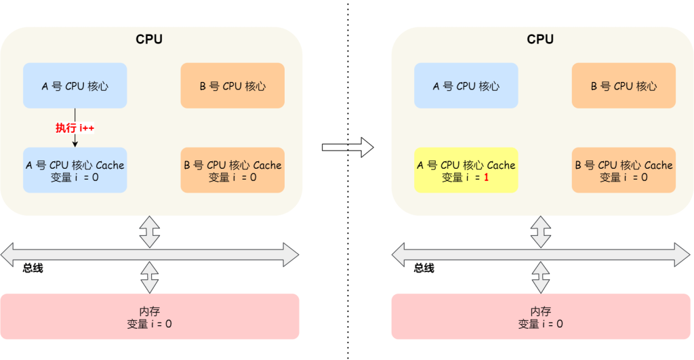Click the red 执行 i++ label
(75, 127)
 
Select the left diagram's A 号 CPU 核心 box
(75, 85)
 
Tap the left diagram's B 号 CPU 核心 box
(232, 85)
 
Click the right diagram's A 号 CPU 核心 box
(466, 85)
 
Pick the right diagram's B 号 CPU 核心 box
(624, 85)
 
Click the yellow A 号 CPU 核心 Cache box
(466, 170)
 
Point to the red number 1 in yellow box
(486, 177)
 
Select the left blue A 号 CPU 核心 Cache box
(75, 170)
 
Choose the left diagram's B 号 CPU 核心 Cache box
(232, 170)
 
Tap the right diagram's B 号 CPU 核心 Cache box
(624, 170)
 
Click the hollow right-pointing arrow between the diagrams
(348, 146)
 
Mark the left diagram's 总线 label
(33, 268)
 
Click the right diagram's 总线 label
(424, 268)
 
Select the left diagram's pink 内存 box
(150, 317)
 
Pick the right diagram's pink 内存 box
(541, 317)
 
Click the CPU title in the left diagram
(149, 39)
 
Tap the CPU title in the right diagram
(540, 39)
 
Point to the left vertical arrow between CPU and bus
(150, 231)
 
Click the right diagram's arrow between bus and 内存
(541, 277)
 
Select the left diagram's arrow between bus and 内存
(150, 277)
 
